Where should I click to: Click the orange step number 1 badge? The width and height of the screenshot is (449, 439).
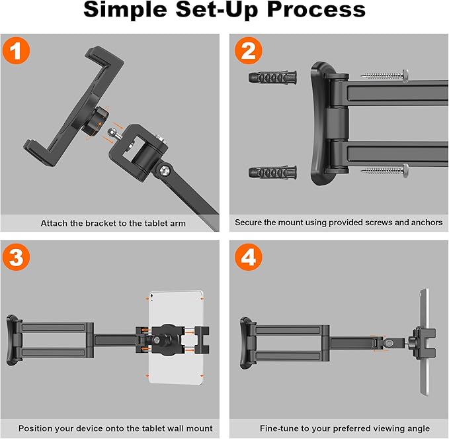[16, 51]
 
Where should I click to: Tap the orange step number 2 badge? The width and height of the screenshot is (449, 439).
[249, 50]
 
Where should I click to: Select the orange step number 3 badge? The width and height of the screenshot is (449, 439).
[16, 257]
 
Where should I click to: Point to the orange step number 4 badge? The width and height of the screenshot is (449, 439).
[249, 257]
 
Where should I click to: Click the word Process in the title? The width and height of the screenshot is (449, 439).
[316, 10]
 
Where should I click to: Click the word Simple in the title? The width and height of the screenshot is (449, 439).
[125, 10]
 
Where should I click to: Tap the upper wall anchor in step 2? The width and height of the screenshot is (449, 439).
[272, 77]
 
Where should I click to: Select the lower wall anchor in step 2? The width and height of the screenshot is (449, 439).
[272, 172]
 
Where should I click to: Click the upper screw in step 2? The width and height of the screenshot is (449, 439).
[385, 75]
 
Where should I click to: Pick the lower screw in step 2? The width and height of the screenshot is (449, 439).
[385, 171]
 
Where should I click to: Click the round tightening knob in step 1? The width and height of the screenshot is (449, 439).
[96, 120]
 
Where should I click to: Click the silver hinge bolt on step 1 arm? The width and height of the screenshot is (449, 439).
[165, 171]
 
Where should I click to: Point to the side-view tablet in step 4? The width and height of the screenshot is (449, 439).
[424, 342]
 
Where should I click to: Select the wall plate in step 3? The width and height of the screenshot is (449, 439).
[13, 340]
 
